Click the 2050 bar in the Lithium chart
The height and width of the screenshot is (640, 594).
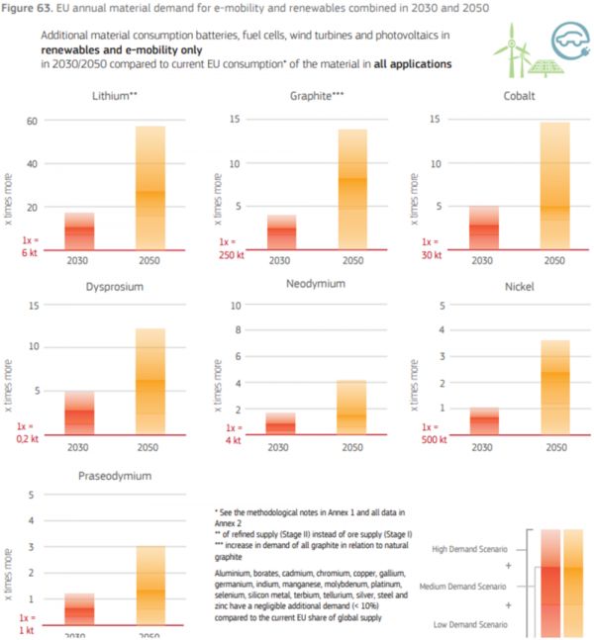(x=150, y=187)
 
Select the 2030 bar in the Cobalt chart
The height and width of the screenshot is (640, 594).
(x=482, y=228)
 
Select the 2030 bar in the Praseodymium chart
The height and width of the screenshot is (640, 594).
(x=79, y=609)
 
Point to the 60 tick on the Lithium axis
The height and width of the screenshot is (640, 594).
(x=31, y=121)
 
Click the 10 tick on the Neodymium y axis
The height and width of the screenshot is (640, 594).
(x=237, y=305)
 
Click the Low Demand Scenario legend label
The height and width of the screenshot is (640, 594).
(x=472, y=625)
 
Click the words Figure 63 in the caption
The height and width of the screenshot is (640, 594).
(x=27, y=9)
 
